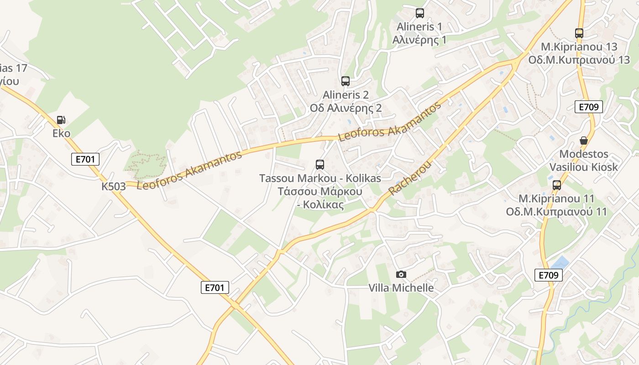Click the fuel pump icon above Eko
tap(61, 120)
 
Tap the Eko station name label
tap(61, 133)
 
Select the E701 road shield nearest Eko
tap(85, 159)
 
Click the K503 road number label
tap(114, 187)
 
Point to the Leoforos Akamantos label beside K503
tap(189, 171)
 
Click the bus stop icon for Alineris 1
tap(419, 13)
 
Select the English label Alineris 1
tap(419, 26)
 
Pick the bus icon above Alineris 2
tap(346, 81)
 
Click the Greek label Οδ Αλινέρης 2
tap(346, 108)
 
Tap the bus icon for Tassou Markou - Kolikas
tap(320, 164)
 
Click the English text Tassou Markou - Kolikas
tap(320, 178)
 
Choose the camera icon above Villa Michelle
tap(401, 274)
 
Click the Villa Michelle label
tap(401, 288)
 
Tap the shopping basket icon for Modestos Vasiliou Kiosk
tap(583, 140)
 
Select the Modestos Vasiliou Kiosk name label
tap(583, 160)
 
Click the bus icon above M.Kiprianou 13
tap(579, 33)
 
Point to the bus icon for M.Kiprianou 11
tap(556, 185)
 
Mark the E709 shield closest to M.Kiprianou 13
tap(588, 107)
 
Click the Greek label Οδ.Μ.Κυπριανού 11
tap(556, 212)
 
